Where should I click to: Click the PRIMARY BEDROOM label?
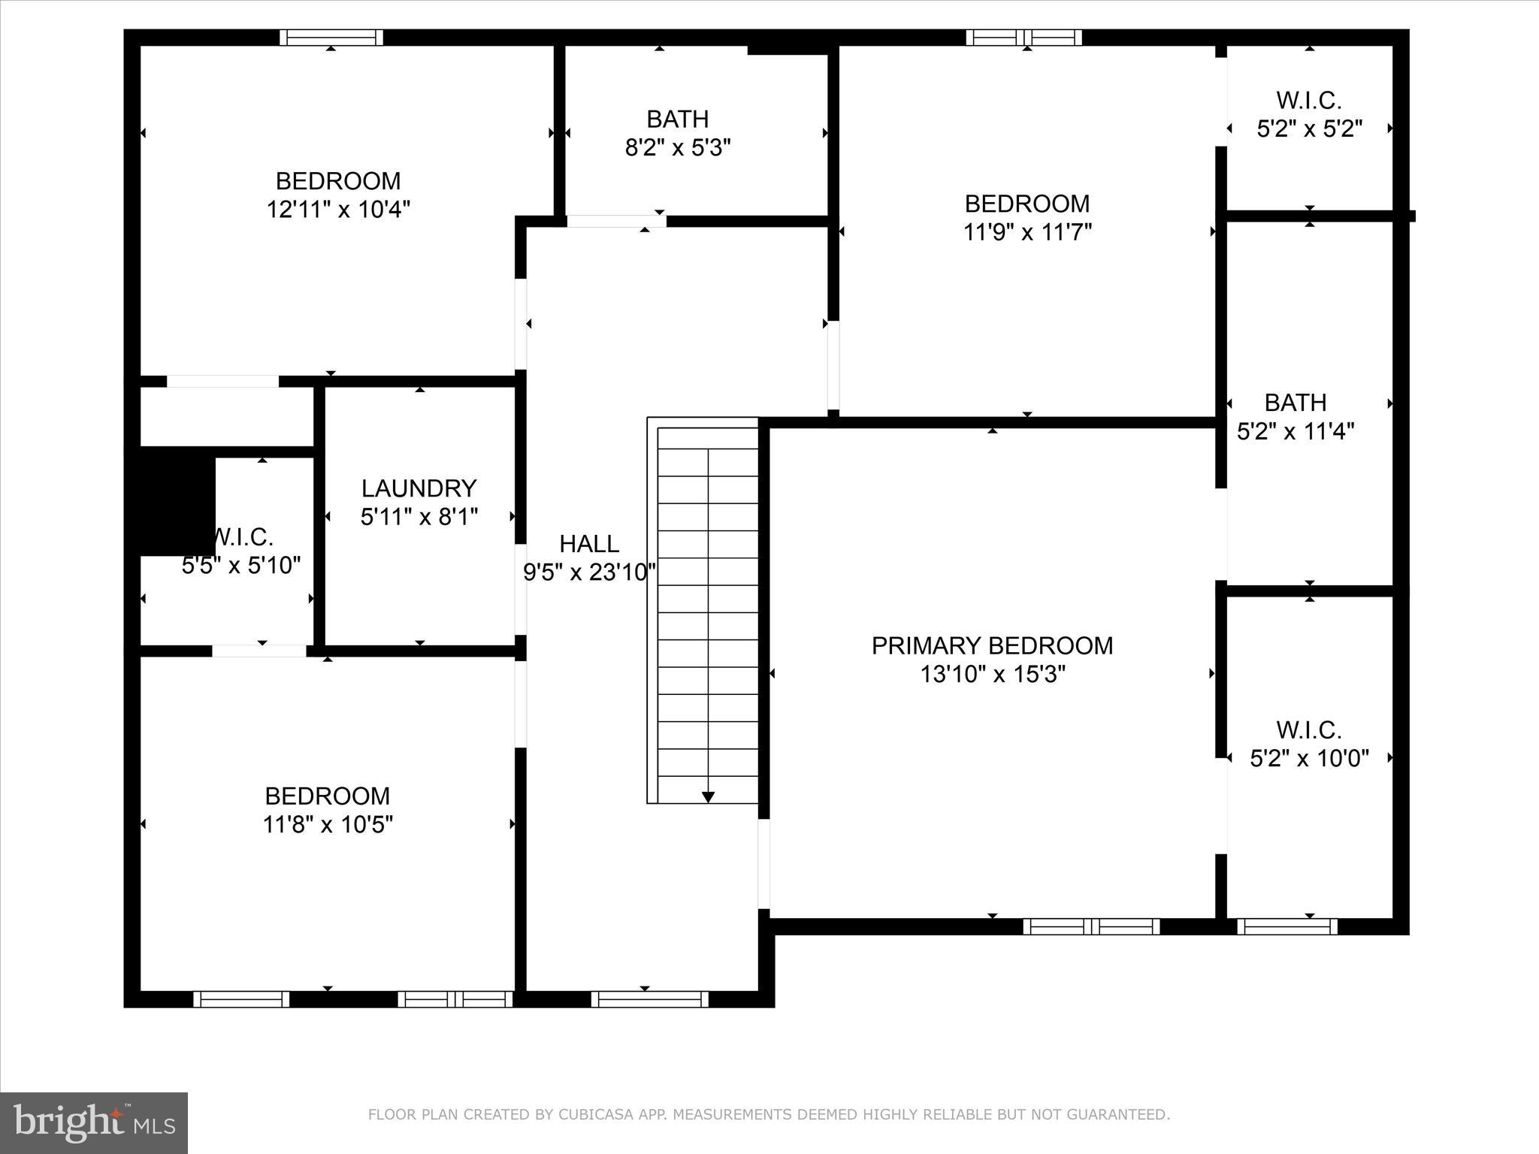click(x=992, y=645)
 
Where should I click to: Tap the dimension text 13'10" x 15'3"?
click(x=992, y=674)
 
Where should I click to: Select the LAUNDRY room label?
click(x=419, y=488)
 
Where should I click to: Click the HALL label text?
click(x=589, y=543)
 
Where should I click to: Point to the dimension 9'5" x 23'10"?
click(x=589, y=572)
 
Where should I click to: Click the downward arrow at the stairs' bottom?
click(x=708, y=796)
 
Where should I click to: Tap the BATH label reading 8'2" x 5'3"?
click(x=677, y=119)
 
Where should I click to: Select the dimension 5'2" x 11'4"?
click(x=1296, y=431)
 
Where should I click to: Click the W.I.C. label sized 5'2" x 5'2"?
click(x=1308, y=100)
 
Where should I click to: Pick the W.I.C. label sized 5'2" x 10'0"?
click(x=1308, y=730)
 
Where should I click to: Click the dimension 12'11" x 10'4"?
click(x=338, y=209)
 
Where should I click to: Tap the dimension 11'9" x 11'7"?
click(x=1027, y=231)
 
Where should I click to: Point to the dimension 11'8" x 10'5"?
click(x=328, y=825)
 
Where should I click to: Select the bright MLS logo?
click(x=93, y=1122)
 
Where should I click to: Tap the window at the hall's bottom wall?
click(x=649, y=998)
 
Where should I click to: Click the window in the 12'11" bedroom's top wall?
click(x=331, y=38)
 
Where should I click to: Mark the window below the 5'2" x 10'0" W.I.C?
click(x=1287, y=926)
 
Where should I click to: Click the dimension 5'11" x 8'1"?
click(x=419, y=517)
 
